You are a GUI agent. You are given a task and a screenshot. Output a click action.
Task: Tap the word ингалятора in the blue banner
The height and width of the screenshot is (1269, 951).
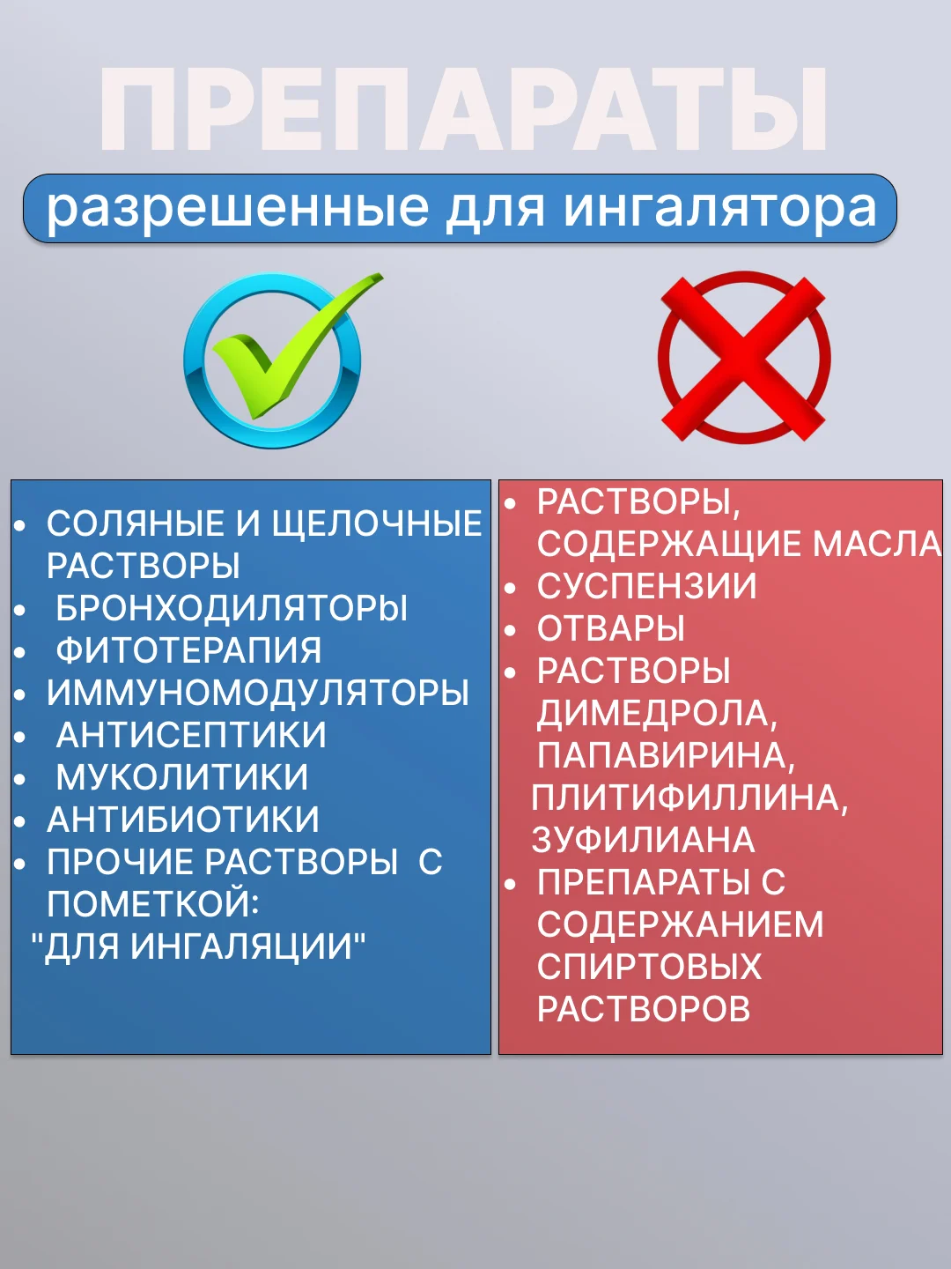pos(719,208)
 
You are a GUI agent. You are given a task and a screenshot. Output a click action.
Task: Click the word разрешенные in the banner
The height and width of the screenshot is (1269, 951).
pos(238,209)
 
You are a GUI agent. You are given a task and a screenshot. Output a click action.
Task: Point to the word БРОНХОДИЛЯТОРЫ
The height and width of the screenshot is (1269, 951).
pos(232,608)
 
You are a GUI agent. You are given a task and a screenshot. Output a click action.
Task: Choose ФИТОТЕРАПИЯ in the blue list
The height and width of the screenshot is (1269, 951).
pos(188,650)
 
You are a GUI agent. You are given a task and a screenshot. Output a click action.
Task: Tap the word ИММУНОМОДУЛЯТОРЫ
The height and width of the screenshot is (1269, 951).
pos(257,693)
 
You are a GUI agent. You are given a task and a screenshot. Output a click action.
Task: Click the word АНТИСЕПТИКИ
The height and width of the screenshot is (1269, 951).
pos(191,735)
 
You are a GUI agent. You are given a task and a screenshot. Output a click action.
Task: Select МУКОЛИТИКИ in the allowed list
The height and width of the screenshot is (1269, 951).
pos(182,777)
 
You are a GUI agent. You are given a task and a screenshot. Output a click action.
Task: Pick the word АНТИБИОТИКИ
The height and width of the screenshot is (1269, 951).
pos(182,820)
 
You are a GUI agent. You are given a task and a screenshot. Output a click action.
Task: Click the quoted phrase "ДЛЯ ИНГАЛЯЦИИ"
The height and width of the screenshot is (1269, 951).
pos(198,946)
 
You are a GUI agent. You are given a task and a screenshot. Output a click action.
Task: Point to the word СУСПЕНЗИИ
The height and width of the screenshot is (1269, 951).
pos(646,586)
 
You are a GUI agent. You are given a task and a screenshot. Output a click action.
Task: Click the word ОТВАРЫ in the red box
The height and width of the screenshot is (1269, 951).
pos(611,628)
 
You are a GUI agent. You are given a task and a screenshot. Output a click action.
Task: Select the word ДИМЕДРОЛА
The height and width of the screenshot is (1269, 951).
pos(657,714)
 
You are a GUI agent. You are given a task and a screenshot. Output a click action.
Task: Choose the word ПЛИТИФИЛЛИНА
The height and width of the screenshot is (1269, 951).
pos(689,798)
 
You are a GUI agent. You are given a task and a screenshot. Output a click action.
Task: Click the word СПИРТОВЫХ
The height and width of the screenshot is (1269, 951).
pos(649,967)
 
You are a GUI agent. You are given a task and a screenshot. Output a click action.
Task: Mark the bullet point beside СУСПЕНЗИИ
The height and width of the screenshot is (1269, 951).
pos(510,588)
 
